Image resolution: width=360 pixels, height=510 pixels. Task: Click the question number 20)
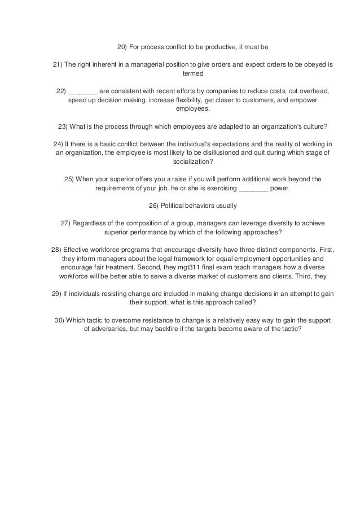[122, 46]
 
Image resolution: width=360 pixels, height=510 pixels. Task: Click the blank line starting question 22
[83, 90]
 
